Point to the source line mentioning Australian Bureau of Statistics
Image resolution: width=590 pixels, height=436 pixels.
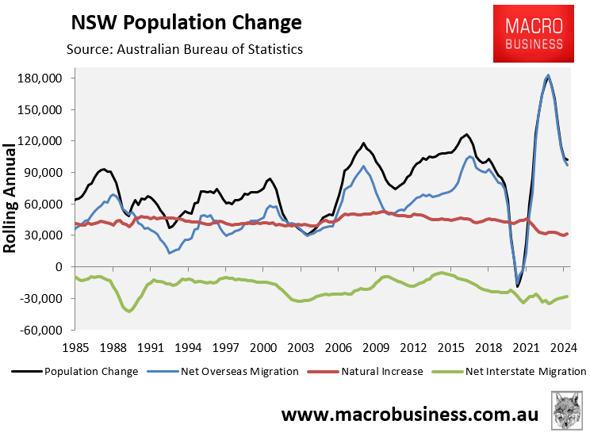tap(185, 50)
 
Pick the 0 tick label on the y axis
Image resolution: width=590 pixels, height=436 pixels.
tap(58, 267)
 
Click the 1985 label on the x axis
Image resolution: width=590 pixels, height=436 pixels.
tap(75, 347)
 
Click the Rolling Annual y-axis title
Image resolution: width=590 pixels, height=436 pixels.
tap(10, 198)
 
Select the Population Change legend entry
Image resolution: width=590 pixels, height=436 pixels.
tap(76, 371)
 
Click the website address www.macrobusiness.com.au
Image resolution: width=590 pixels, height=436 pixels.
tap(410, 415)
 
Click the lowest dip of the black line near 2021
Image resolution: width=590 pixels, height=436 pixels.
tap(518, 286)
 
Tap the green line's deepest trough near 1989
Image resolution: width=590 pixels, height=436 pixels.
tap(128, 311)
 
